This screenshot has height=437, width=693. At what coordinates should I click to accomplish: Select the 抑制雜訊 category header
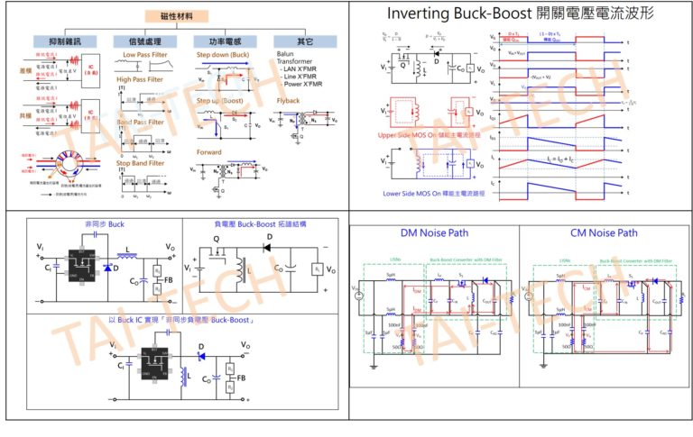pos(60,41)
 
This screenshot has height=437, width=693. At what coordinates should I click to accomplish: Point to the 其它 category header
pos(306,41)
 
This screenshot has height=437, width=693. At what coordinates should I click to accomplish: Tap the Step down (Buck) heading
pos(224,55)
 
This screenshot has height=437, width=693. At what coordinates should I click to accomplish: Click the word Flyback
pos(289,101)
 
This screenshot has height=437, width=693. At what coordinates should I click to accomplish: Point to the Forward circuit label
pos(209,151)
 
